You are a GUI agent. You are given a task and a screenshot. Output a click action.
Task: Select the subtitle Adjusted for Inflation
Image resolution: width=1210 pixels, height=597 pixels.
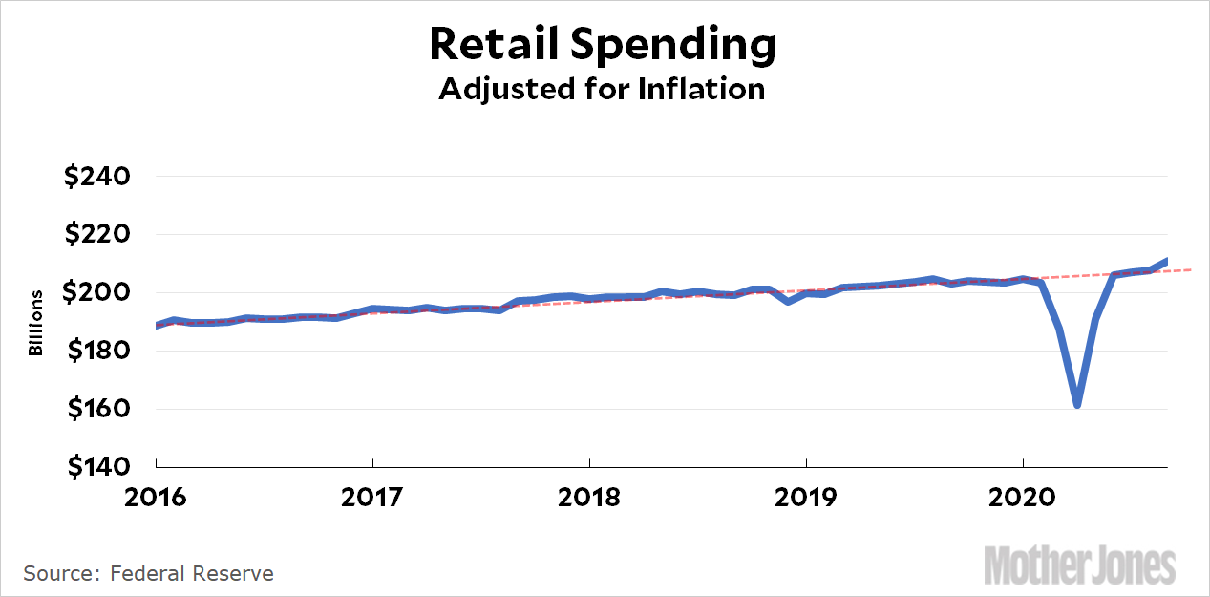coord(602,89)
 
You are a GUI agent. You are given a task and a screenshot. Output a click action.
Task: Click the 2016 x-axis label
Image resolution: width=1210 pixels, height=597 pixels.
coord(156,499)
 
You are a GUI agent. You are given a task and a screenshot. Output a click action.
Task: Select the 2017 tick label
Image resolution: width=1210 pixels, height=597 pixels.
coord(372,499)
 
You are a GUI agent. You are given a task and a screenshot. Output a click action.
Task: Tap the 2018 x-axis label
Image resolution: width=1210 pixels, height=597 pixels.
coord(589,499)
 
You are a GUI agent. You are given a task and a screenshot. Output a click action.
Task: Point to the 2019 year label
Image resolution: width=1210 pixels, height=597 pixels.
coord(806,499)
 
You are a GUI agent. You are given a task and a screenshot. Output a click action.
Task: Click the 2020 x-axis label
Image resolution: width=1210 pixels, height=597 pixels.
coord(1023,499)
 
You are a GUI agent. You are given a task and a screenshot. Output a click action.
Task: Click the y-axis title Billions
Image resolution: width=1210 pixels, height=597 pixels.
coord(36,323)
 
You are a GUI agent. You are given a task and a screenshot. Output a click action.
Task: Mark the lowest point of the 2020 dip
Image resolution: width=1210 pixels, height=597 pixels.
coord(1077,405)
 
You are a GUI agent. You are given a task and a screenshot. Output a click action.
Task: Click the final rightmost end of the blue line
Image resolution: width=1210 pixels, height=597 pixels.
coord(1167,261)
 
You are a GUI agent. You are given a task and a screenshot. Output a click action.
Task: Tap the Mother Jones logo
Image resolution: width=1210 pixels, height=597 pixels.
coord(1080,565)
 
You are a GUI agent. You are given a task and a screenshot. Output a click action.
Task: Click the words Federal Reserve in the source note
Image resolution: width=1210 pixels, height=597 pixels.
coord(192,573)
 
